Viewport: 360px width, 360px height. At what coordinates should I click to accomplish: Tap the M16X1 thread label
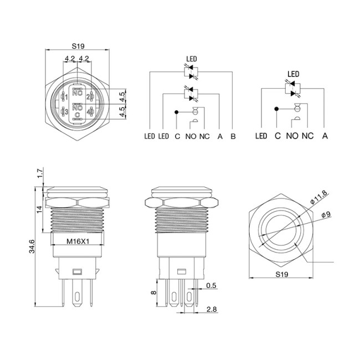point(78,241)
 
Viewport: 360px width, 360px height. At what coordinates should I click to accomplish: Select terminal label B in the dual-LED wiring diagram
point(233,136)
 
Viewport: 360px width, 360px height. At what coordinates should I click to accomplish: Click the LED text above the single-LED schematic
point(293,74)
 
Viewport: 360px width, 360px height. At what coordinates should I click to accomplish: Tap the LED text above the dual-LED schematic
point(191,59)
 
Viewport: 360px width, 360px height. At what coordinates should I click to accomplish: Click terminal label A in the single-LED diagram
point(325,136)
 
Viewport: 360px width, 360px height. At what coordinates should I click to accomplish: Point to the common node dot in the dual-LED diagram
point(177,112)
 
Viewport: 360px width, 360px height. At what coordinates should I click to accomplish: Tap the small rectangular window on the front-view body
point(77,272)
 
